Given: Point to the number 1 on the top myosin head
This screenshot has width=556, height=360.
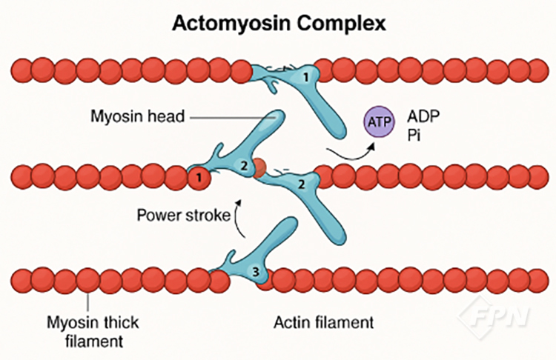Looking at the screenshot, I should click(x=305, y=76).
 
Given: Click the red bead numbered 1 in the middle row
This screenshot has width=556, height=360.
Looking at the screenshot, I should click(x=197, y=178).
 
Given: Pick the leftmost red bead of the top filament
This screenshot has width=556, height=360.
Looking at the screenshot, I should click(x=21, y=71).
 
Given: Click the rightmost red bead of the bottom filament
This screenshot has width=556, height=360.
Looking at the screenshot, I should click(x=536, y=282).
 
